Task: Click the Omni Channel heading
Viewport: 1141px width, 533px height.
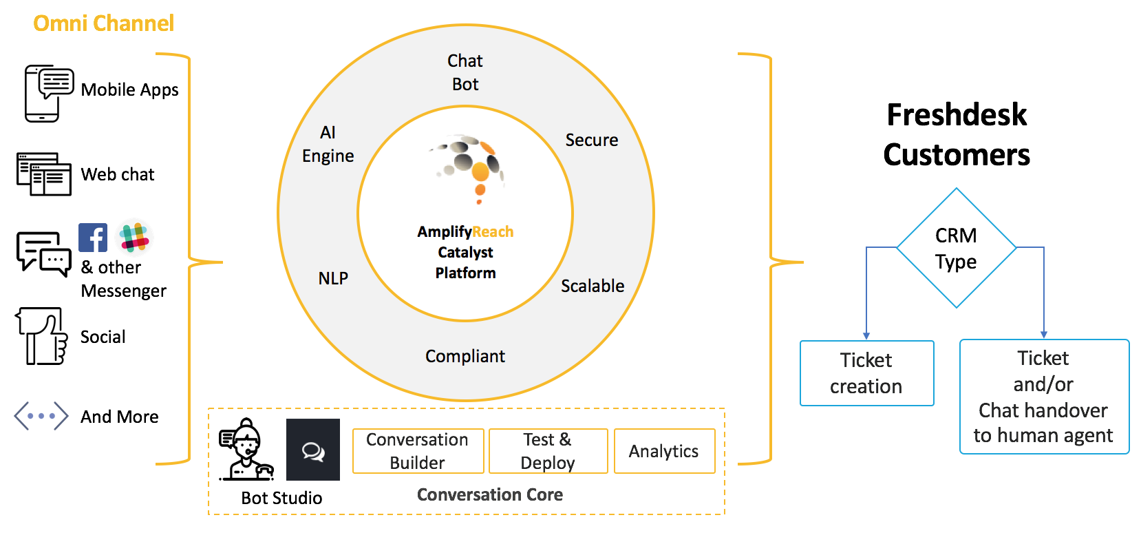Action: point(103,23)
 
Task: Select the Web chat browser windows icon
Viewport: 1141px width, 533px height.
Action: point(44,174)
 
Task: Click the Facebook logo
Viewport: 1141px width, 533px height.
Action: point(93,238)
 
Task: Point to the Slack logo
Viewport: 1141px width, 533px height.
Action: point(134,237)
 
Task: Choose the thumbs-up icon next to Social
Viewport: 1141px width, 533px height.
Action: point(42,336)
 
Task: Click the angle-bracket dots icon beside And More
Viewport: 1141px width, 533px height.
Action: point(41,416)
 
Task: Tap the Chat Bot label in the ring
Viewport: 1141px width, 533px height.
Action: point(465,72)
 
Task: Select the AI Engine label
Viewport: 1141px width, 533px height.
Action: point(328,144)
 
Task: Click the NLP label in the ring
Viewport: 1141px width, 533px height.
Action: point(333,278)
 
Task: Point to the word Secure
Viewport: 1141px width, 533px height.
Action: point(591,140)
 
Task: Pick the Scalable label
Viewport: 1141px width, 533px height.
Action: point(593,286)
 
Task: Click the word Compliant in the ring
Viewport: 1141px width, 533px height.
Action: point(465,356)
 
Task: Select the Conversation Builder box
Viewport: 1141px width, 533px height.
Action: point(418,451)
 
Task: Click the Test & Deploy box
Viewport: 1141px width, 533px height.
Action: point(548,451)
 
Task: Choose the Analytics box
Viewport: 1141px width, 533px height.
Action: point(664,451)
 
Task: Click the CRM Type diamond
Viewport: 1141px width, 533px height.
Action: point(956,248)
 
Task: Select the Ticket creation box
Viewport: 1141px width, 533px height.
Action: point(866,373)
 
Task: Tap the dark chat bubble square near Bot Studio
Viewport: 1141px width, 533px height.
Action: point(313,450)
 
